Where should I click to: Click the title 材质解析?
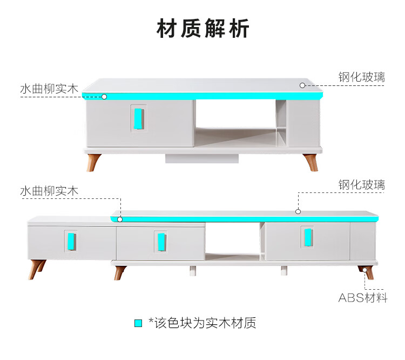(x=202, y=29)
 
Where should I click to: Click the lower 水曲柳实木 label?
(x=49, y=191)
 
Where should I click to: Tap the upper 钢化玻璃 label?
(x=362, y=77)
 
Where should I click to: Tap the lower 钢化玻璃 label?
(x=362, y=184)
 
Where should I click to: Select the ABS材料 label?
(x=363, y=297)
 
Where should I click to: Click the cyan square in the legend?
(x=138, y=323)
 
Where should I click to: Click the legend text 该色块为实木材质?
(x=205, y=323)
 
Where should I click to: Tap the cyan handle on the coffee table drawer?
(x=139, y=118)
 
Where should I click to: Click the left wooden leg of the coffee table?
(x=94, y=162)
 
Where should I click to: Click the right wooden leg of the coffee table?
(x=310, y=162)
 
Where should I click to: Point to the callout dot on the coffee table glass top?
(x=303, y=85)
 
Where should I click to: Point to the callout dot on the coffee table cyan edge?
(x=104, y=97)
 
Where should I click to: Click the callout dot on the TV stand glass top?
(x=297, y=211)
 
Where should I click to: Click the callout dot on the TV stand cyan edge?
(x=120, y=219)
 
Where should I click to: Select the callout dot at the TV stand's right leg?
(x=366, y=269)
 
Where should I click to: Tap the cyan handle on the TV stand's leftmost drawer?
(x=71, y=240)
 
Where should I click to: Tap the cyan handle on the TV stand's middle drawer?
(x=160, y=241)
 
